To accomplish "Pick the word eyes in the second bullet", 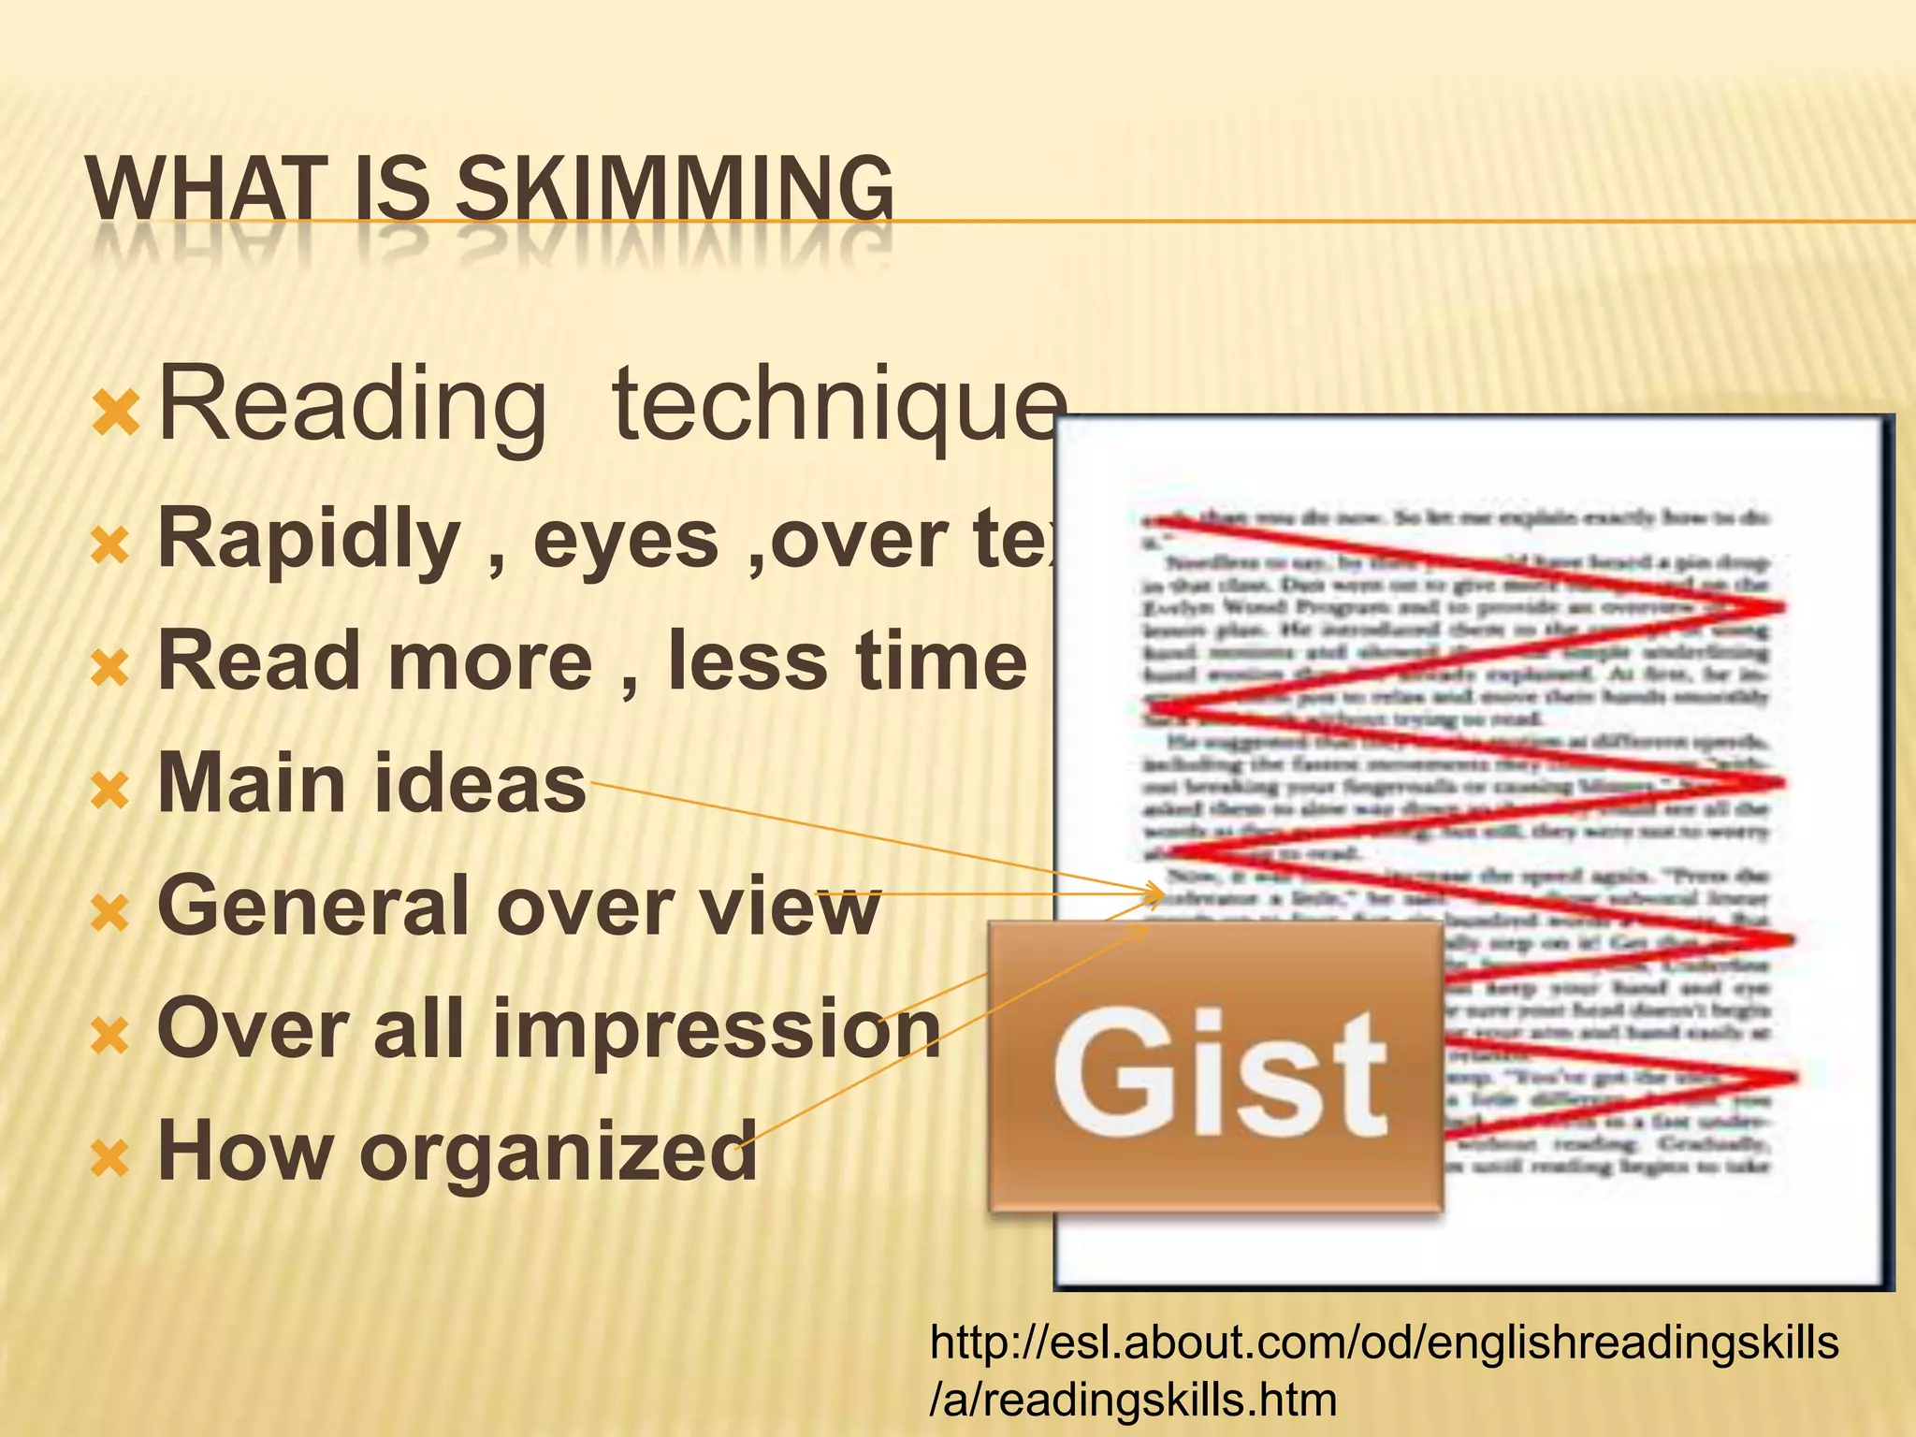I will (625, 540).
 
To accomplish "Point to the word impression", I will (717, 1028).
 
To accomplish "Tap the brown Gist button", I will (1215, 1067).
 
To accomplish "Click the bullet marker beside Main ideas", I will (110, 791).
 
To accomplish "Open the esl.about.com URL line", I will (1384, 1343).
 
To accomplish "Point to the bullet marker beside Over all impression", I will (110, 1037).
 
